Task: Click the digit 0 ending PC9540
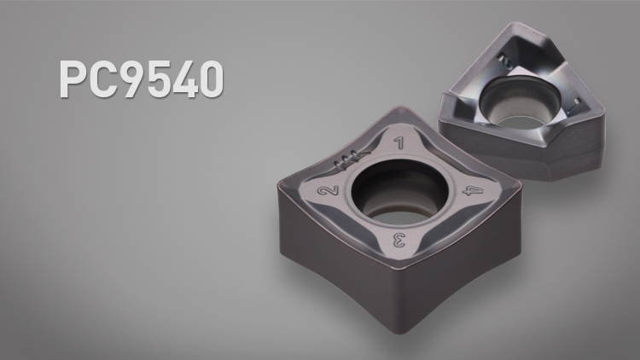[212, 78]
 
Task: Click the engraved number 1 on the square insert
[399, 142]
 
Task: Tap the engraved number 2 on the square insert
[329, 190]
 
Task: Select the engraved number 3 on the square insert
[399, 241]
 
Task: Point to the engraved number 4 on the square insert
[473, 190]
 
